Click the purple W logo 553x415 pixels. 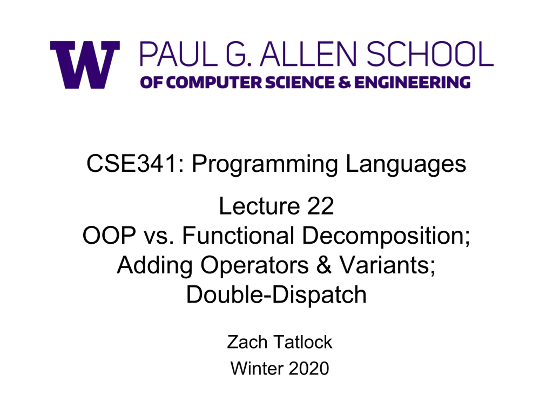click(85, 65)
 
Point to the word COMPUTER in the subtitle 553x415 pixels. click(214, 82)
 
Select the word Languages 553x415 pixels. click(406, 165)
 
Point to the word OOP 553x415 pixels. click(109, 235)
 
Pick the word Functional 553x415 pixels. click(238, 235)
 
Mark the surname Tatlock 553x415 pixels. click(303, 342)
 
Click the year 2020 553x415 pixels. click(309, 368)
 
